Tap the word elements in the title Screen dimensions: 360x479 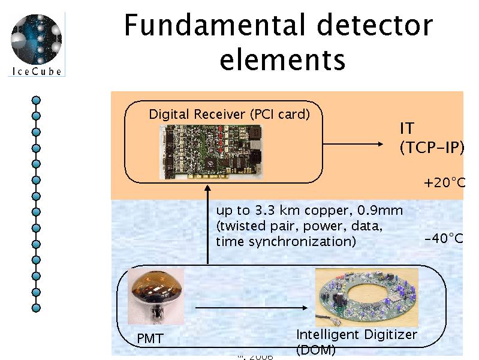click(282, 59)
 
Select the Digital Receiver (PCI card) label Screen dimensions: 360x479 click(229, 114)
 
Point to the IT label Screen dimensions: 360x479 click(407, 128)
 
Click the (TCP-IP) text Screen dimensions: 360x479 click(432, 148)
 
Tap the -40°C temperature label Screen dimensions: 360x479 click(444, 238)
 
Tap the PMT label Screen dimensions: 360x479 click(150, 340)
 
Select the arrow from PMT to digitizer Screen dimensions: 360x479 click(252, 309)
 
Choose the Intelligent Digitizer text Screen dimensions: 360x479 click(356, 335)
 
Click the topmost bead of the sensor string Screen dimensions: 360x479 click(36, 100)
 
